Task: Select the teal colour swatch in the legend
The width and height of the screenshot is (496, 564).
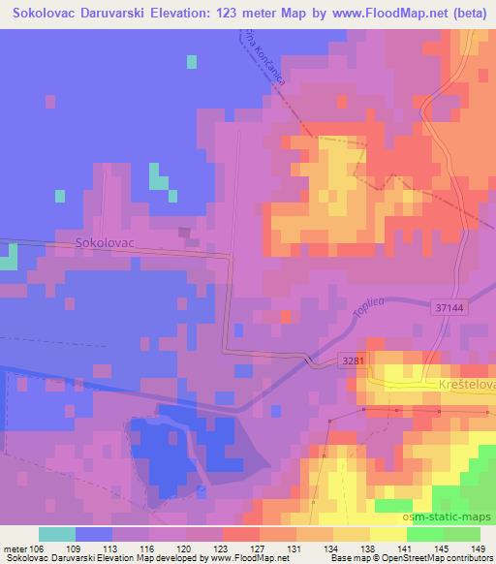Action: click(x=56, y=534)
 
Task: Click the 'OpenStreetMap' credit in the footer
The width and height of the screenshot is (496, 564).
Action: click(x=432, y=559)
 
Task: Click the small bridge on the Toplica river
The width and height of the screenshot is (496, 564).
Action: click(x=311, y=360)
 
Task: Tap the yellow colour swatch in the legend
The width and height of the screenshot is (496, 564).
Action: click(x=387, y=534)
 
